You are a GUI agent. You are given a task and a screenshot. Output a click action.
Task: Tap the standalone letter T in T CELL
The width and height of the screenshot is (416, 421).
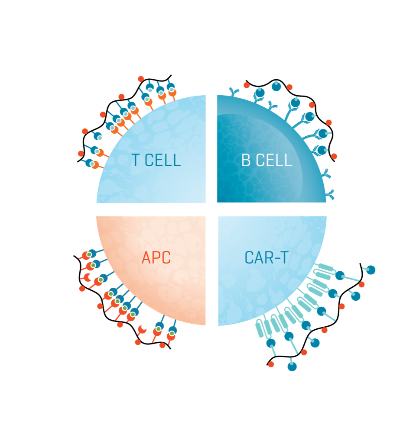click(136, 161)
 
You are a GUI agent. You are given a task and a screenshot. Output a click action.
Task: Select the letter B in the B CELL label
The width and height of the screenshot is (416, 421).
click(246, 161)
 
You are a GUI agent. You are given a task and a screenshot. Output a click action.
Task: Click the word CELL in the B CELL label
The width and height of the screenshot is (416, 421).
click(273, 161)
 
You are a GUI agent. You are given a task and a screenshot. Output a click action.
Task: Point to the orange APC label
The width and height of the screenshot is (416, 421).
click(156, 258)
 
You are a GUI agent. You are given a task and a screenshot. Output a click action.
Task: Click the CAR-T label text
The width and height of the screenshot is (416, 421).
click(266, 258)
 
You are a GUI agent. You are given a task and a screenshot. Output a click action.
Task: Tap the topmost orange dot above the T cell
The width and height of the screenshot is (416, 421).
click(141, 79)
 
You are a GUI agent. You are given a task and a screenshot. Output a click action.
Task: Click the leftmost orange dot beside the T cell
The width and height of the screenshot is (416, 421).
click(81, 154)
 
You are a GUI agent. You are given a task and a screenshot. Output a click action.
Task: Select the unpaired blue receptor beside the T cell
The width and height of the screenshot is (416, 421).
click(97, 135)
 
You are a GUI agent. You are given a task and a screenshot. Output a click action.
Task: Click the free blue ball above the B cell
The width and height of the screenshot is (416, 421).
click(276, 86)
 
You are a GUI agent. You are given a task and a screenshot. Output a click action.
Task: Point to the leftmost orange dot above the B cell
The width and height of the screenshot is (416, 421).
click(247, 85)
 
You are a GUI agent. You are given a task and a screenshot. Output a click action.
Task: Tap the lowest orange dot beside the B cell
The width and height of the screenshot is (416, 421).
click(334, 156)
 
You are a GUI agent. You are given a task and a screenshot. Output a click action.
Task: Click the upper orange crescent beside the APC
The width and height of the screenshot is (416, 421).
click(86, 277)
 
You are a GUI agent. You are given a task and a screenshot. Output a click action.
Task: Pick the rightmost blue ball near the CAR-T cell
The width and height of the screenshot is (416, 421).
click(370, 270)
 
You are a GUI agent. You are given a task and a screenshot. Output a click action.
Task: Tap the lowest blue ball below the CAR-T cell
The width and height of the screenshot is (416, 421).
click(292, 366)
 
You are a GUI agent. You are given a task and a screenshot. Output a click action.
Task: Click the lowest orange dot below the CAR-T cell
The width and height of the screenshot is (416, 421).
click(271, 364)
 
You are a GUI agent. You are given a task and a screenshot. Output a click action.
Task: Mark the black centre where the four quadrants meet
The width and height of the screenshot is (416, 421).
click(211, 209)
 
